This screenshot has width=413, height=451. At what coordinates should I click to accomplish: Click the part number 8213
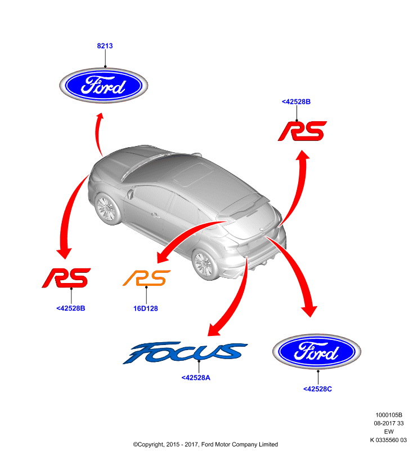pyautogui.click(x=105, y=46)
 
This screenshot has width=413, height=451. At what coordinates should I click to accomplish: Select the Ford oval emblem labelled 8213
pyautogui.click(x=104, y=85)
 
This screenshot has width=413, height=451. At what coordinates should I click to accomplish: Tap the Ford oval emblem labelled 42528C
pyautogui.click(x=317, y=351)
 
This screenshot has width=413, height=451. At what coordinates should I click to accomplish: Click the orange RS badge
pyautogui.click(x=146, y=278)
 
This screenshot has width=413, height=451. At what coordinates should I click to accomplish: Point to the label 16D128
pyautogui.click(x=146, y=308)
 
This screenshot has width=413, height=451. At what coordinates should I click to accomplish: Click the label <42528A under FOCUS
pyautogui.click(x=196, y=378)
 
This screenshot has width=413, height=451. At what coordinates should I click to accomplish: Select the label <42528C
pyautogui.click(x=317, y=389)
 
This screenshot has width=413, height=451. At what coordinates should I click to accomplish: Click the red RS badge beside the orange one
pyautogui.click(x=66, y=278)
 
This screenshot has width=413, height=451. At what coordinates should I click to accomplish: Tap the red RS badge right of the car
pyautogui.click(x=302, y=131)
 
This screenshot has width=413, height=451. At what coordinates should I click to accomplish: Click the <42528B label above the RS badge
pyautogui.click(x=296, y=101)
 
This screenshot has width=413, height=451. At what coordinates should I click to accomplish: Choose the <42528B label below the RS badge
pyautogui.click(x=70, y=308)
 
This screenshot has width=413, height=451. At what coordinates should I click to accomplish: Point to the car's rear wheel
pyautogui.click(x=205, y=264)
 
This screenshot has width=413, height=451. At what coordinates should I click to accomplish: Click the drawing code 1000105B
pyautogui.click(x=389, y=415)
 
